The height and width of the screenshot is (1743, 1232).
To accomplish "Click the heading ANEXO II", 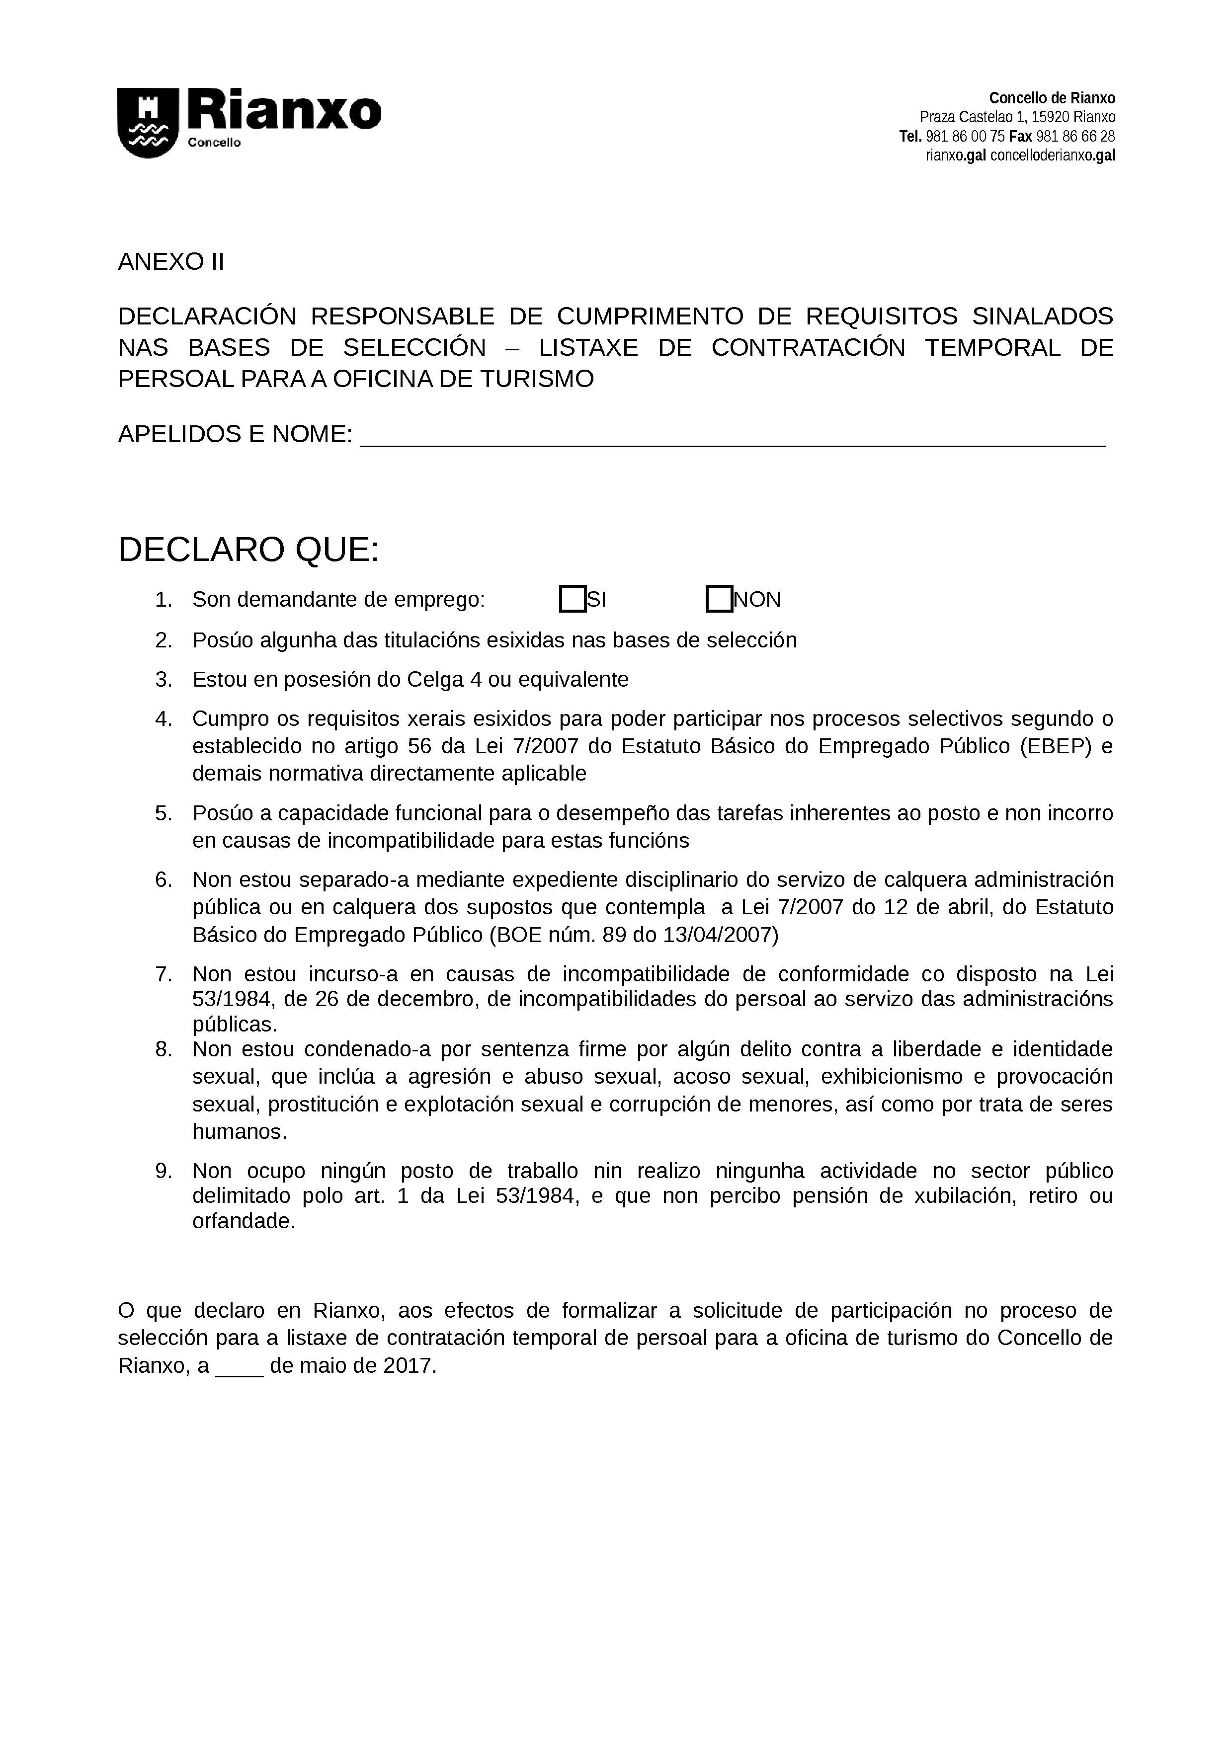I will coord(171,262).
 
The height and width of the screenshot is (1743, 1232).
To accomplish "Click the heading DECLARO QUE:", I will coord(248,550).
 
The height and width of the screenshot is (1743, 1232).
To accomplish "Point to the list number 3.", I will coord(164,679).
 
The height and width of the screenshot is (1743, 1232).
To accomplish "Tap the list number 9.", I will coord(164,1171).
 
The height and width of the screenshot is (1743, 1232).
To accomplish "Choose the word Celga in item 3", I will coord(435,679).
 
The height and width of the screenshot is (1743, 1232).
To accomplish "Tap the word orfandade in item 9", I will coord(243,1221).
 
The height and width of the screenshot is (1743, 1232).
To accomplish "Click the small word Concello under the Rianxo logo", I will coord(214,143).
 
